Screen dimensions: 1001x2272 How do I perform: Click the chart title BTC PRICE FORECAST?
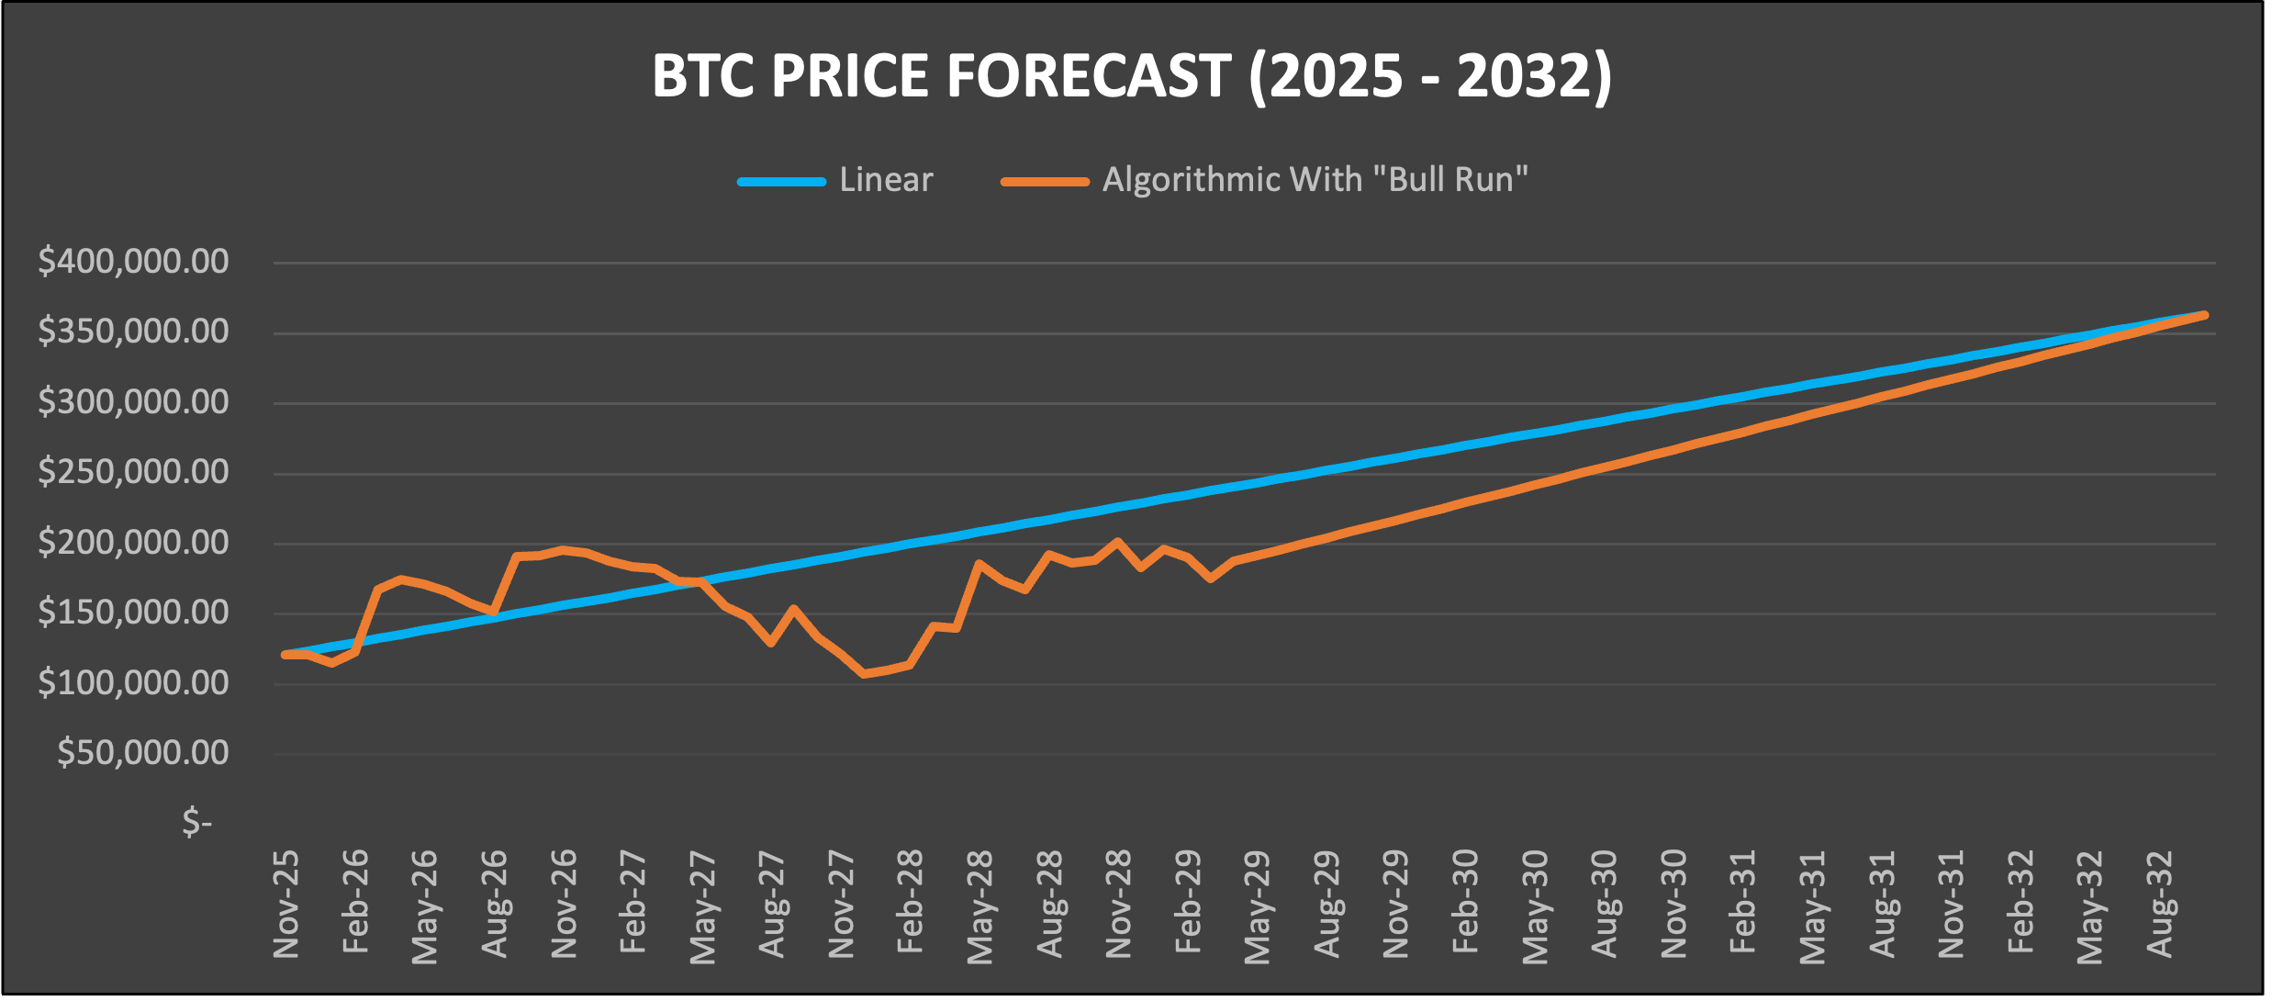click(1131, 75)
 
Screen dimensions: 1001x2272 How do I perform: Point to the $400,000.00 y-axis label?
click(133, 262)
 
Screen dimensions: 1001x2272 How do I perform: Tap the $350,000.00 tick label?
click(133, 332)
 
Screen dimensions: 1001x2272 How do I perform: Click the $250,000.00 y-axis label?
click(133, 472)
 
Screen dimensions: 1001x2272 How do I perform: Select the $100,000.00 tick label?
click(133, 682)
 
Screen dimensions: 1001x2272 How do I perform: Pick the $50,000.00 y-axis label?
click(142, 753)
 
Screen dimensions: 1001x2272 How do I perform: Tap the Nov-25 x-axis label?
click(286, 905)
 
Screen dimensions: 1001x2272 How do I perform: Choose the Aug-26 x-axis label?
click(495, 905)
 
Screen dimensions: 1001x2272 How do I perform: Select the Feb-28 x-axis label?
click(910, 905)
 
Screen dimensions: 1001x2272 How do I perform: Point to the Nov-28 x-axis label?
click(1118, 905)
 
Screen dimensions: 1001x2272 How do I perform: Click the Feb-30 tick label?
click(1466, 905)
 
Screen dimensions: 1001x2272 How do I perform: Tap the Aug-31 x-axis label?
click(1883, 905)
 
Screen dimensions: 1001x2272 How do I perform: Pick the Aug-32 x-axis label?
click(2160, 905)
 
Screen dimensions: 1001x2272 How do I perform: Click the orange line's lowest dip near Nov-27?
click(864, 673)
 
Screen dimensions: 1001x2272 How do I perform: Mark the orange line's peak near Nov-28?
click(1117, 542)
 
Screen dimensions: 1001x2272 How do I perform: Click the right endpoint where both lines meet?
click(2205, 315)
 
